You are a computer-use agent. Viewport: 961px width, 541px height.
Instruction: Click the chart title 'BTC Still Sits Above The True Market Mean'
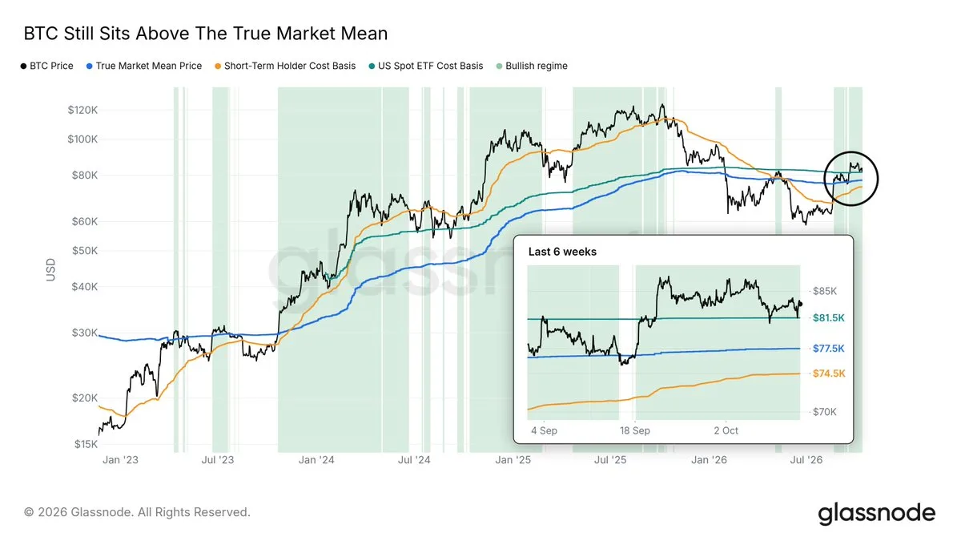click(206, 34)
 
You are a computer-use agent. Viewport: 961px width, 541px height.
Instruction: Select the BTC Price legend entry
click(47, 66)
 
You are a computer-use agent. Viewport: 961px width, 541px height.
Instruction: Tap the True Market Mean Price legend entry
click(144, 66)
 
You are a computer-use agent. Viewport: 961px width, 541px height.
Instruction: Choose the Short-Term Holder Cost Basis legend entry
click(285, 66)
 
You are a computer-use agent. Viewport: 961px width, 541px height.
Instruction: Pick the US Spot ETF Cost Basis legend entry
click(426, 66)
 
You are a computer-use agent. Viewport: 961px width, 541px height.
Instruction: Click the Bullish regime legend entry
click(532, 66)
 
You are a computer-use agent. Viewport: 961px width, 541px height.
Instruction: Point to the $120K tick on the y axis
click(82, 110)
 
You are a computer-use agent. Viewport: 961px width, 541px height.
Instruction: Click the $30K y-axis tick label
click(85, 333)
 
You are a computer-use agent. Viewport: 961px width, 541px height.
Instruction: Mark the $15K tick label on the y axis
click(86, 444)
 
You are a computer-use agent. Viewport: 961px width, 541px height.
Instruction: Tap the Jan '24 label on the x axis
click(316, 460)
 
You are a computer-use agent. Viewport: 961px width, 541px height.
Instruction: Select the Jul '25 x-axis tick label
click(610, 460)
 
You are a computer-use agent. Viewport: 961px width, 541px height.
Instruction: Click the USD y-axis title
click(50, 269)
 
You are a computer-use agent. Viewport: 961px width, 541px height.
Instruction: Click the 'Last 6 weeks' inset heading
click(562, 252)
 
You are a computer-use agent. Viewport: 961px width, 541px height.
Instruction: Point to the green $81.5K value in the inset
click(829, 317)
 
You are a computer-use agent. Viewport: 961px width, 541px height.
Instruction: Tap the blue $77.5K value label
click(829, 348)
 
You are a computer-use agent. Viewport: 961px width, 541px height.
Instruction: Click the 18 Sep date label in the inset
click(635, 430)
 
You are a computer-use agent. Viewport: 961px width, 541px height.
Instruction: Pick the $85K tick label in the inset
click(825, 291)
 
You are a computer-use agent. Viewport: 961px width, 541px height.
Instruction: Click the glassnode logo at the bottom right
click(877, 513)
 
